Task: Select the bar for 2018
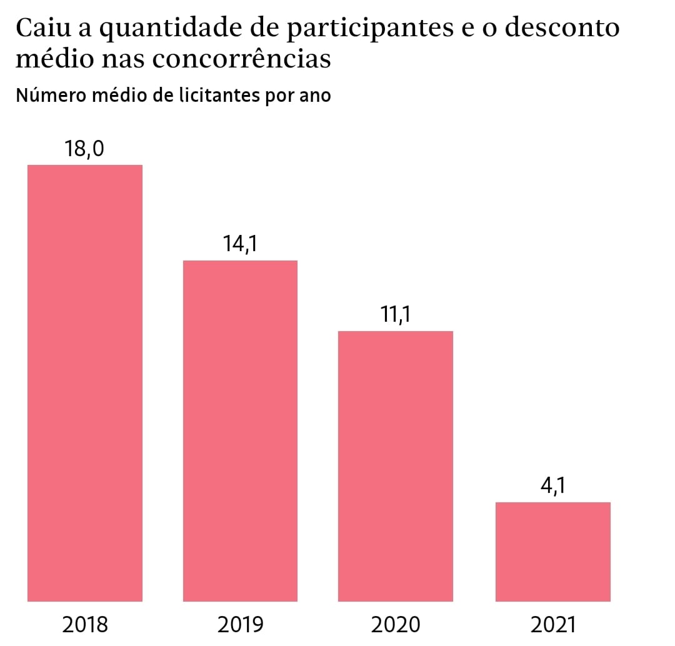click(85, 382)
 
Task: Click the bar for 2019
click(240, 430)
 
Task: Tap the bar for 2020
click(395, 465)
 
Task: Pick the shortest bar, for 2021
click(552, 551)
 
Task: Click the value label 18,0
click(84, 149)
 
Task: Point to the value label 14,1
click(241, 244)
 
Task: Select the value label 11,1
click(396, 315)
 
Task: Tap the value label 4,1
click(552, 486)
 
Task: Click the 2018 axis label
click(86, 624)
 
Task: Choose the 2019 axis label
click(241, 624)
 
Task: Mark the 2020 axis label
click(396, 624)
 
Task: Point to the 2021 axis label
click(552, 624)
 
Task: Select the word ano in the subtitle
click(314, 97)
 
